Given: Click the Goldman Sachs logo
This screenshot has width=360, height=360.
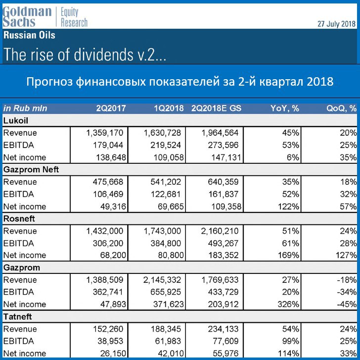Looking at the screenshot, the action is click(27, 16).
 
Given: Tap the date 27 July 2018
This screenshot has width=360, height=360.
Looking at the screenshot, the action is click(336, 24).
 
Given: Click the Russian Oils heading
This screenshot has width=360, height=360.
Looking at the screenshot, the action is click(29, 35).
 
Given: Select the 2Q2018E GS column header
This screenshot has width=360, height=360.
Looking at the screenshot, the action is click(216, 108).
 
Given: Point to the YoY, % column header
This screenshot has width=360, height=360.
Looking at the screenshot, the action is click(285, 108).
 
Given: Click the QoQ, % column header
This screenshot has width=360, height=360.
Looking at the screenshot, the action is click(341, 108).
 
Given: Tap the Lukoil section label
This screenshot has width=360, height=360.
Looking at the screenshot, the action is click(16, 121).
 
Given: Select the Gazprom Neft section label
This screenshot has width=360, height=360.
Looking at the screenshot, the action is click(31, 170).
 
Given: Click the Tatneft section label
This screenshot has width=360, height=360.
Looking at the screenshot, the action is click(17, 317).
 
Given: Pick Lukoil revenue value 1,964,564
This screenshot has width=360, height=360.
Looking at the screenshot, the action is click(220, 133).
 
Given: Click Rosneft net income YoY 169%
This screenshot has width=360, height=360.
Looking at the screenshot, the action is click(289, 255).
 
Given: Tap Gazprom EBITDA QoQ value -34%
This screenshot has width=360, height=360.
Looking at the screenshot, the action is click(347, 292).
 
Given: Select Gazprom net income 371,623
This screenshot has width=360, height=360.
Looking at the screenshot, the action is click(169, 305).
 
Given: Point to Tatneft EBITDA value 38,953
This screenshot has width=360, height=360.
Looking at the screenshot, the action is click(110, 341).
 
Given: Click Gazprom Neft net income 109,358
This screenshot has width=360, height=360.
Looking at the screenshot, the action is click(226, 206).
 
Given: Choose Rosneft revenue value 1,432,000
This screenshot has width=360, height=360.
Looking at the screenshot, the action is click(105, 231).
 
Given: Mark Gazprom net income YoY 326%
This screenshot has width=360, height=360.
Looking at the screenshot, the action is click(289, 305).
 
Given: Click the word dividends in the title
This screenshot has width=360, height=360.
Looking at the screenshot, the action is click(103, 54).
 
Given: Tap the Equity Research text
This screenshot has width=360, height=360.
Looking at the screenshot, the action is click(74, 17).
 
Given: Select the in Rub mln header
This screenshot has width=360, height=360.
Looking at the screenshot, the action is click(25, 108).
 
